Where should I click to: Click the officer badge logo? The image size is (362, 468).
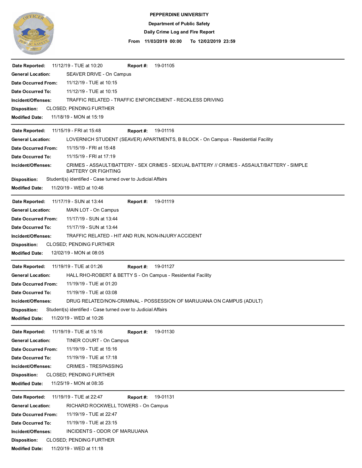point(33,33)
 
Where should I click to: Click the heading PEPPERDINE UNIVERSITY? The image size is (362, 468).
point(179,15)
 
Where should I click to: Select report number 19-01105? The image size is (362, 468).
point(164,66)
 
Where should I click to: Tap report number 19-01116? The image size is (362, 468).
point(164,131)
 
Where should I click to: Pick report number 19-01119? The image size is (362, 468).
point(164,202)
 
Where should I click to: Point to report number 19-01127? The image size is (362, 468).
point(164,267)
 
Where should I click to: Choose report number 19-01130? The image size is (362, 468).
point(164,332)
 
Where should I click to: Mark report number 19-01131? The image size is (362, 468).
point(164,397)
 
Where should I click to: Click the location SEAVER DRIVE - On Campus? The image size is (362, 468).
point(99,74)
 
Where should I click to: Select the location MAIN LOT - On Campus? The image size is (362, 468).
point(93,210)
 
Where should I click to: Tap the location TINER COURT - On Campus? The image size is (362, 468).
point(97,341)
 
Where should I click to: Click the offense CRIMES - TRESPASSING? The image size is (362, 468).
point(95,366)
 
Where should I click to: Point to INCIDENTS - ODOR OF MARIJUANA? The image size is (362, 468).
point(107,431)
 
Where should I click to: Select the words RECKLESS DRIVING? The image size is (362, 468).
point(200,100)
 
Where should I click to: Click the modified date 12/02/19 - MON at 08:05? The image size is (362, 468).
point(78,253)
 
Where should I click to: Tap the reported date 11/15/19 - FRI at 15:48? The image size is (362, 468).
point(76,131)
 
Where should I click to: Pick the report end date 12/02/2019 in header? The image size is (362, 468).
point(209,41)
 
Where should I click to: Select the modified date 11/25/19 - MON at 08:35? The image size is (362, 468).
point(77,383)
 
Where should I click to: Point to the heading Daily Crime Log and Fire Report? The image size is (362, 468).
point(179,32)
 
